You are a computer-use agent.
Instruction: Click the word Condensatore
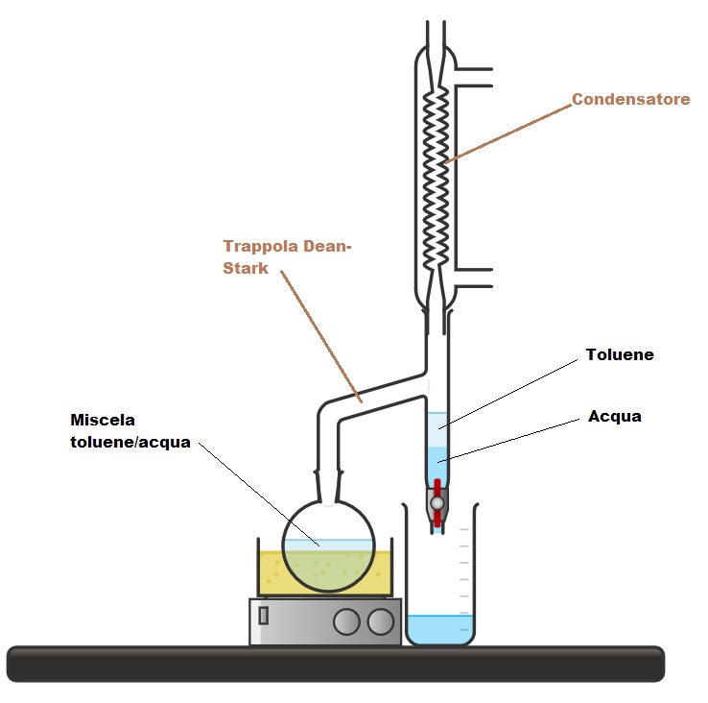click(630, 99)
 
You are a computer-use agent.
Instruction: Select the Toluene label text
click(619, 355)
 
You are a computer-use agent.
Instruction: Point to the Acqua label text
click(614, 417)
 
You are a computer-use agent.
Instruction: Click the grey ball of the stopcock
click(437, 502)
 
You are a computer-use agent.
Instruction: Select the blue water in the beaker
click(440, 628)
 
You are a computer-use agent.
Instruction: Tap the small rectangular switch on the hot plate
click(264, 616)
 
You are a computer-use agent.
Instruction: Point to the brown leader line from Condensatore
click(508, 131)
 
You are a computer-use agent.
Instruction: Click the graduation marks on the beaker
click(463, 567)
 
